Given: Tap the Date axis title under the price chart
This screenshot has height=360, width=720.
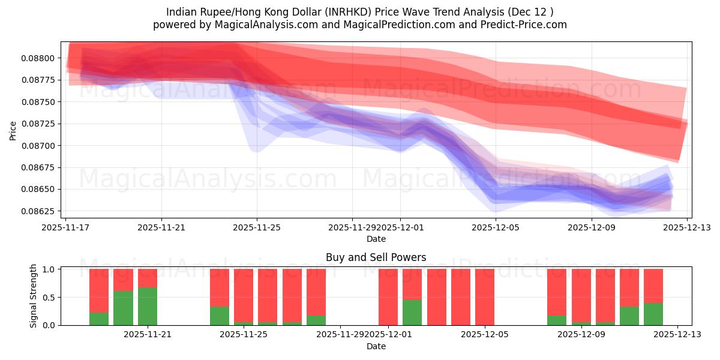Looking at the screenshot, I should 376,239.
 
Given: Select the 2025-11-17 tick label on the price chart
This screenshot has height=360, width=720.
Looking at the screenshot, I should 65,227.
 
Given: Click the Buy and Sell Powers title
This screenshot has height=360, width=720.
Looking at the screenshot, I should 376,257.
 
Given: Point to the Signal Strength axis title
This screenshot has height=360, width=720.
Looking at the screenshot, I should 34,296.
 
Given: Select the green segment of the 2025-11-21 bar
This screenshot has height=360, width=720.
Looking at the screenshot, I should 148,307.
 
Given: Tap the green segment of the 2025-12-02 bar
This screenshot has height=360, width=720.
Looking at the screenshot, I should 412,313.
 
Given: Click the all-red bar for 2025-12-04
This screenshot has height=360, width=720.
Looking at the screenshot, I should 461,297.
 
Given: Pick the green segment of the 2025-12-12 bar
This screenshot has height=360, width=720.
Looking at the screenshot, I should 653,314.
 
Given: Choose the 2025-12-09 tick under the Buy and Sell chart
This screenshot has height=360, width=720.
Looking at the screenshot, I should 581,335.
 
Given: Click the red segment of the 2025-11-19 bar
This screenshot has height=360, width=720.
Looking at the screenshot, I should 99,290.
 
